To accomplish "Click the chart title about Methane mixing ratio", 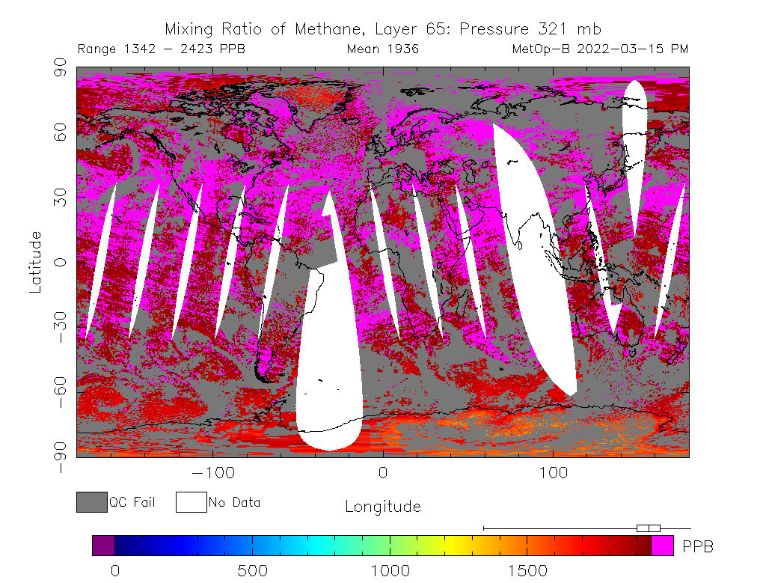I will [382, 30].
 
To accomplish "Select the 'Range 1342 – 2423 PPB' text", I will [161, 49].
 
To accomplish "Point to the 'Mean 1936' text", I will [382, 49].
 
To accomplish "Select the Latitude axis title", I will [35, 262].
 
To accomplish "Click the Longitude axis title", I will [382, 507].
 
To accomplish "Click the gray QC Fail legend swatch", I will [92, 502].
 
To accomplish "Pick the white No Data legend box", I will [191, 502].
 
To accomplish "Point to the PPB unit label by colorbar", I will [698, 547].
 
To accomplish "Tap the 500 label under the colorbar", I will [253, 571].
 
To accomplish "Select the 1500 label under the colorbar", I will [528, 571].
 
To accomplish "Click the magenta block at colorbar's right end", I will [662, 546].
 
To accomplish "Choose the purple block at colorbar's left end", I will [103, 546].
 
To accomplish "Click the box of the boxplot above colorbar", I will [648, 528].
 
